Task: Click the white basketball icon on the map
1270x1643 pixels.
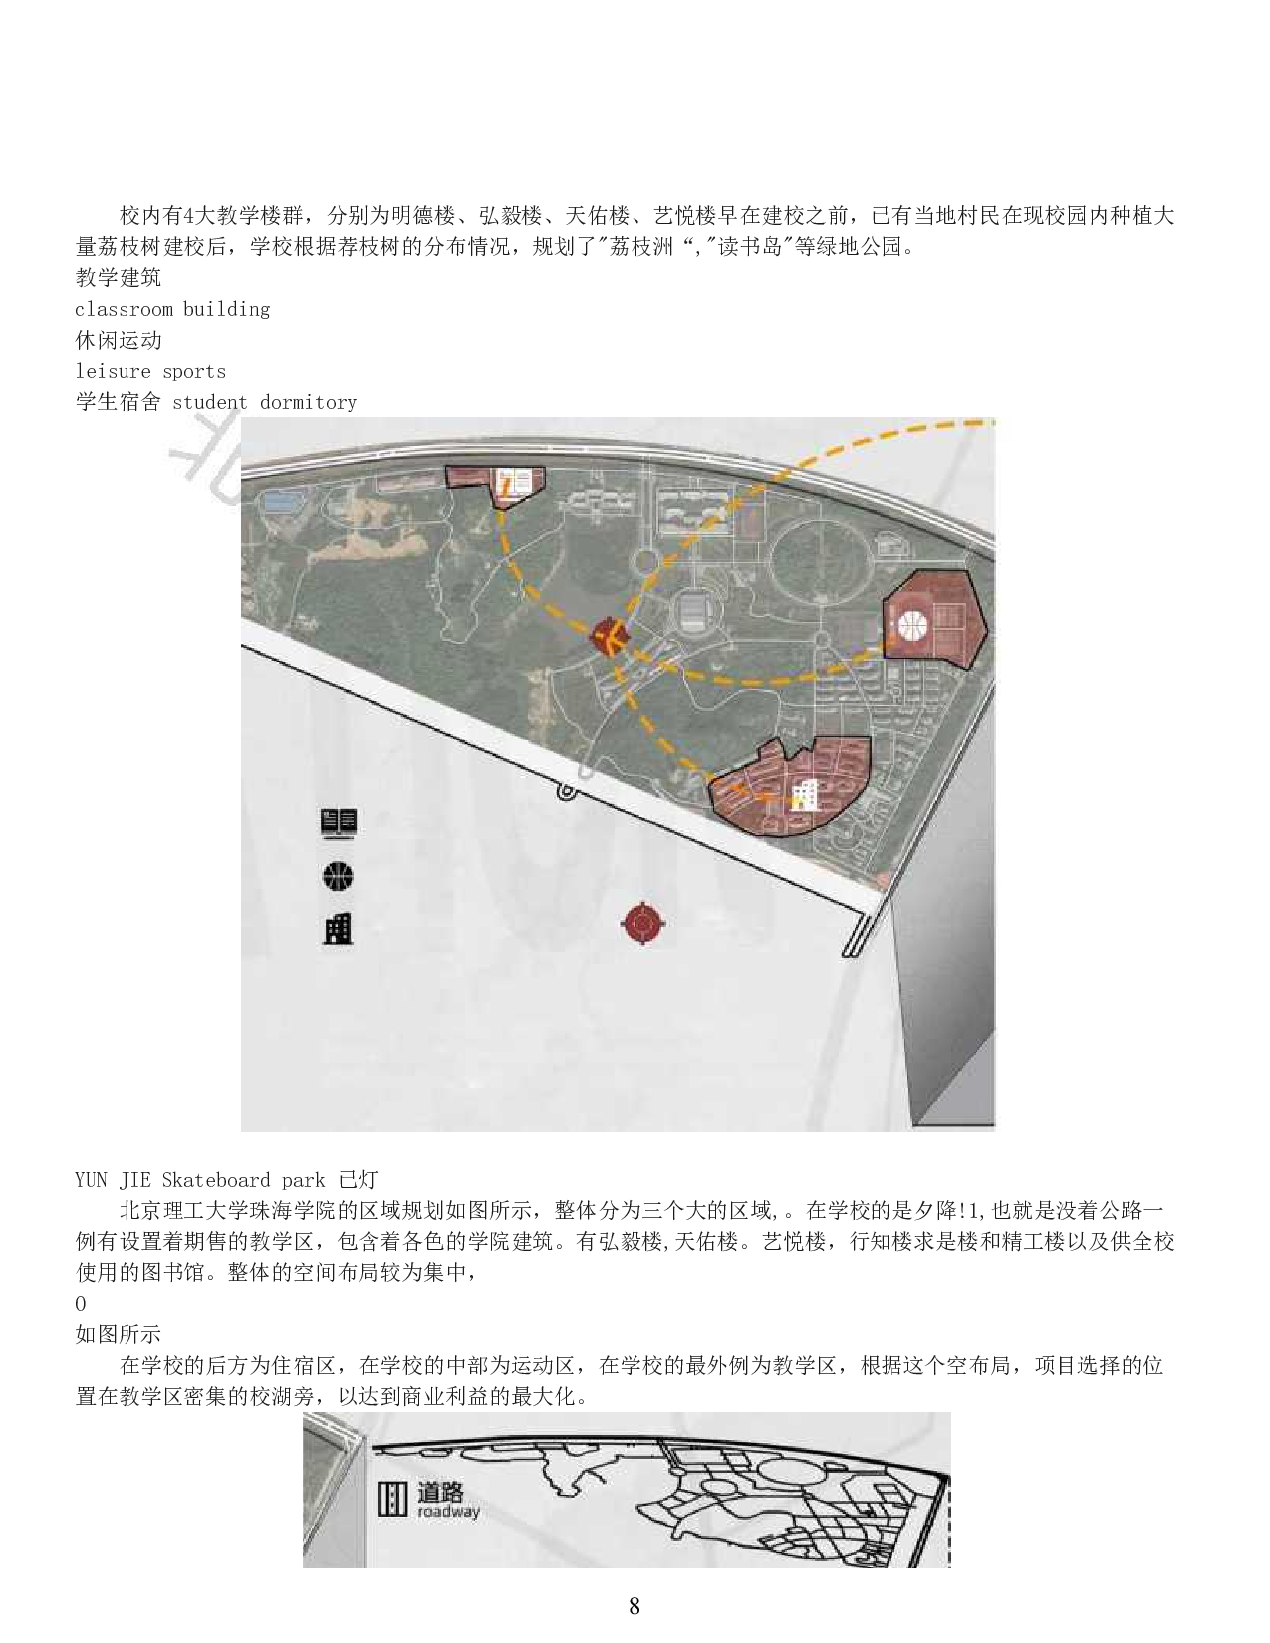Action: (x=912, y=625)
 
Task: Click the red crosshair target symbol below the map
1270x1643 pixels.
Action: (x=643, y=924)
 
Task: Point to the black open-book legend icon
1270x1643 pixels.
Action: (x=339, y=822)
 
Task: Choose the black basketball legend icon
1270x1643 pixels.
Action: (x=338, y=876)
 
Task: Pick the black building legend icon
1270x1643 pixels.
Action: (x=338, y=928)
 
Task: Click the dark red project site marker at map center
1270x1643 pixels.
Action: (x=608, y=636)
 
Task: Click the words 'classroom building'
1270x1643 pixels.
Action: (x=172, y=309)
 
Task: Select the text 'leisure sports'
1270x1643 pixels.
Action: (x=150, y=371)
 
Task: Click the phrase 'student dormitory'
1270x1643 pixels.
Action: (x=264, y=402)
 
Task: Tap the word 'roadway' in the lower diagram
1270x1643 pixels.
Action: (x=448, y=1511)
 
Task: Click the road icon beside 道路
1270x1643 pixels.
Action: (x=391, y=1499)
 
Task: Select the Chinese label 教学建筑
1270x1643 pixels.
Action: (x=119, y=278)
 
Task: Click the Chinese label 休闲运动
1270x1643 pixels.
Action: (x=119, y=341)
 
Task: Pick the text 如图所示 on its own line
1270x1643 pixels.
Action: (x=119, y=1334)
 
